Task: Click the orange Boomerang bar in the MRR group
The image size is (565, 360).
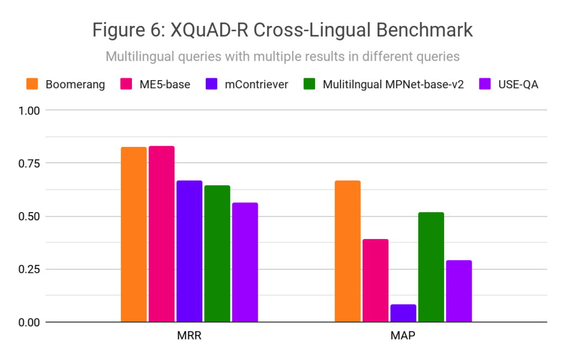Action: pyautogui.click(x=134, y=234)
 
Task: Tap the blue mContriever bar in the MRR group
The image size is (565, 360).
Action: pyautogui.click(x=189, y=251)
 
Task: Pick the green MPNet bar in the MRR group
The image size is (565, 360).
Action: pyautogui.click(x=217, y=253)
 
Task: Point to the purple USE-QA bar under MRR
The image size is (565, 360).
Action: pyautogui.click(x=244, y=262)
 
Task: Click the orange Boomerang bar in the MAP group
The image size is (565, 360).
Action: pyautogui.click(x=348, y=251)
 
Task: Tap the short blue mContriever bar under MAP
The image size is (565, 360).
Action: pyautogui.click(x=403, y=313)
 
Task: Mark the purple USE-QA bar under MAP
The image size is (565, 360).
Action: pyautogui.click(x=459, y=291)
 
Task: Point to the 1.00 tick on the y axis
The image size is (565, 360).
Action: pyautogui.click(x=29, y=110)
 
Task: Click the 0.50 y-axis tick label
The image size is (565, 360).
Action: pyautogui.click(x=29, y=216)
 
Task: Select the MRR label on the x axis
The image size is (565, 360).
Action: pyautogui.click(x=189, y=336)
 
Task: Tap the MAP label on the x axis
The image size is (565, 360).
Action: pyautogui.click(x=403, y=336)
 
